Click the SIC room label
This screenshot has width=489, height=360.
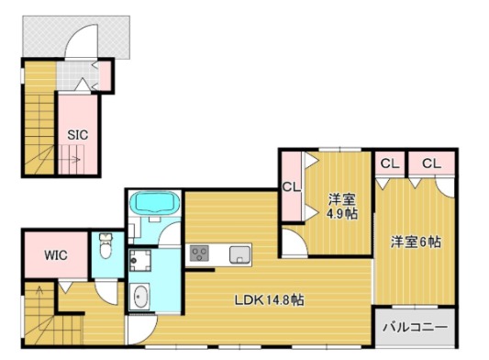coord(78,135)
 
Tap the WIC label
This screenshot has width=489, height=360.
coord(56,255)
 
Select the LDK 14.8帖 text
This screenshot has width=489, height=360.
coord(270,300)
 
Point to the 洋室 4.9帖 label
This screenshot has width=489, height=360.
coord(342,207)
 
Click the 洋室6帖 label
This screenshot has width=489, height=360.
coord(416,242)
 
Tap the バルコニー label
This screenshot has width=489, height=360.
coord(416,327)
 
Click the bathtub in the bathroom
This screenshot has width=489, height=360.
coord(154,202)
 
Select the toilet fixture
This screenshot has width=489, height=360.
coord(106,246)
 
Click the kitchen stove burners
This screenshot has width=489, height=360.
coord(200,253)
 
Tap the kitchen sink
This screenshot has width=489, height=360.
coord(239,254)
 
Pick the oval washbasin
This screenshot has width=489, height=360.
coord(139,297)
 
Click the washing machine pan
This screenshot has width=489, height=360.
coord(140,261)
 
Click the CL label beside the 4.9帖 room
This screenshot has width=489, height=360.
coord(292,187)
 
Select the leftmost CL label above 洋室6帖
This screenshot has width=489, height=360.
coord(390,163)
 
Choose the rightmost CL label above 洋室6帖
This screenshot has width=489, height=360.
coord(432,163)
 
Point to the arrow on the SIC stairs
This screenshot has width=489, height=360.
coord(70,160)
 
